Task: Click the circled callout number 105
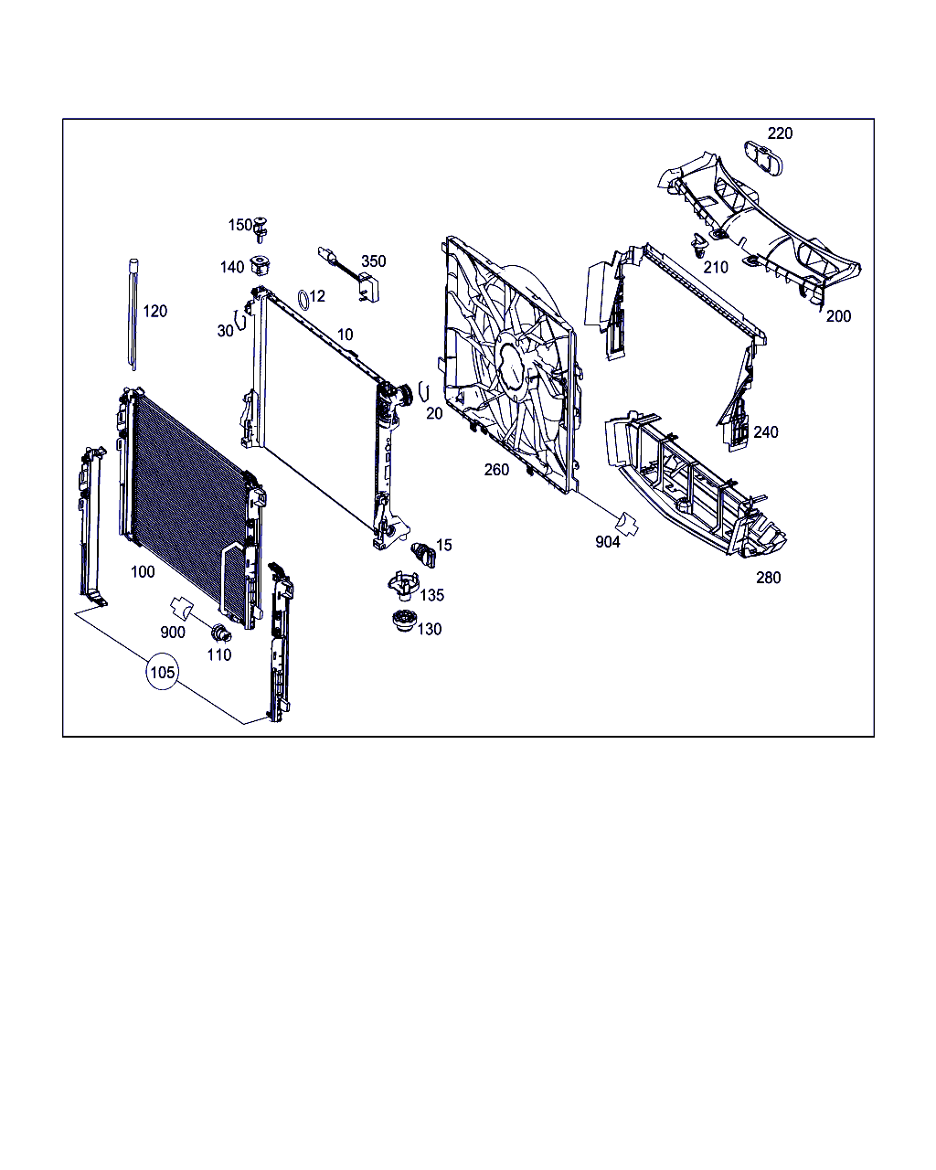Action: (x=162, y=672)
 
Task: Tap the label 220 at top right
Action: (x=780, y=133)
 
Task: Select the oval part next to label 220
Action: (x=763, y=158)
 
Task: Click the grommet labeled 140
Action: (x=260, y=266)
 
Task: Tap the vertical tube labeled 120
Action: (x=133, y=314)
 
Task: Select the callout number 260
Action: (x=496, y=469)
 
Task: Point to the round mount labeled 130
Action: (x=403, y=622)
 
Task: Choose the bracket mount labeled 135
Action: (x=403, y=586)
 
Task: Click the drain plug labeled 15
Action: (x=423, y=554)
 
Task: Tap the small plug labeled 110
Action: (x=221, y=633)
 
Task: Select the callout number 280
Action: (x=768, y=578)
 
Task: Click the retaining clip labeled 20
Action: (x=424, y=391)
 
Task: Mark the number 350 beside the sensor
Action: (x=373, y=261)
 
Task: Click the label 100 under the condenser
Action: (x=143, y=571)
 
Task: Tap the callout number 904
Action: (x=607, y=541)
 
